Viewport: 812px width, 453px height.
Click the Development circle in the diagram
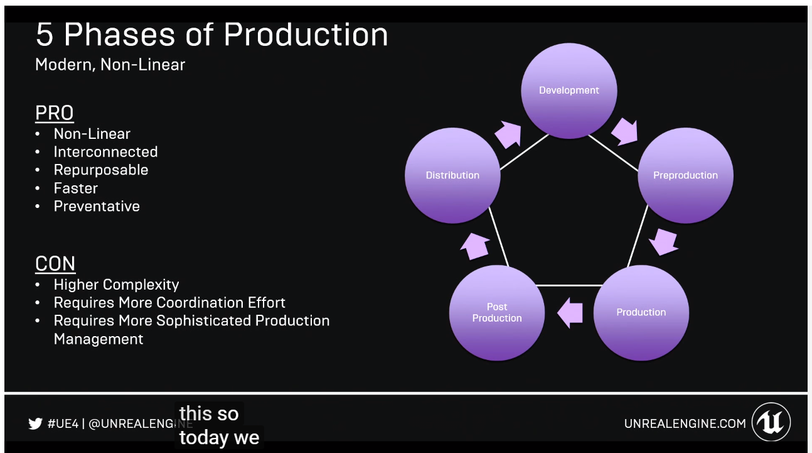pos(569,90)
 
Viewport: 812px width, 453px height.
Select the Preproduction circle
pos(685,175)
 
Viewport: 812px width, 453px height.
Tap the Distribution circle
pos(452,175)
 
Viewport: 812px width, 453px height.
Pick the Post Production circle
pos(496,312)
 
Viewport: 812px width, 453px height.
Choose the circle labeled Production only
pos(641,312)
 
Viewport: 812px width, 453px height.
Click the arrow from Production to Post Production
pos(570,313)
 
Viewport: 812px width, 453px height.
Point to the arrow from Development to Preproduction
pos(624,131)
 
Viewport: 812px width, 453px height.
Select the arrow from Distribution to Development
pos(508,134)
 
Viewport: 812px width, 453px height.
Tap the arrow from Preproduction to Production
pos(663,242)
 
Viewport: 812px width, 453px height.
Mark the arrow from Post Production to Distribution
pos(475,246)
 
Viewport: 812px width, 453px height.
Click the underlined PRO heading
pos(55,113)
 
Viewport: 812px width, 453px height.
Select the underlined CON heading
pos(55,263)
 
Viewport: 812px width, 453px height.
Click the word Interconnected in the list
pos(105,151)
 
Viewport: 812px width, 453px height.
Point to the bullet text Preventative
pos(97,206)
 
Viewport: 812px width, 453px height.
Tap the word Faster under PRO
pos(76,188)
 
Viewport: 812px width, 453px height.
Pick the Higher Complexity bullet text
pos(116,285)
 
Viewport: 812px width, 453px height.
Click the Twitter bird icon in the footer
pos(35,423)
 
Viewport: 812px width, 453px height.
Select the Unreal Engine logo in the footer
pos(771,422)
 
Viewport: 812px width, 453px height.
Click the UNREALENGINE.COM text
pos(685,423)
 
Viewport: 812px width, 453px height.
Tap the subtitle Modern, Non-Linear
pos(110,65)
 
